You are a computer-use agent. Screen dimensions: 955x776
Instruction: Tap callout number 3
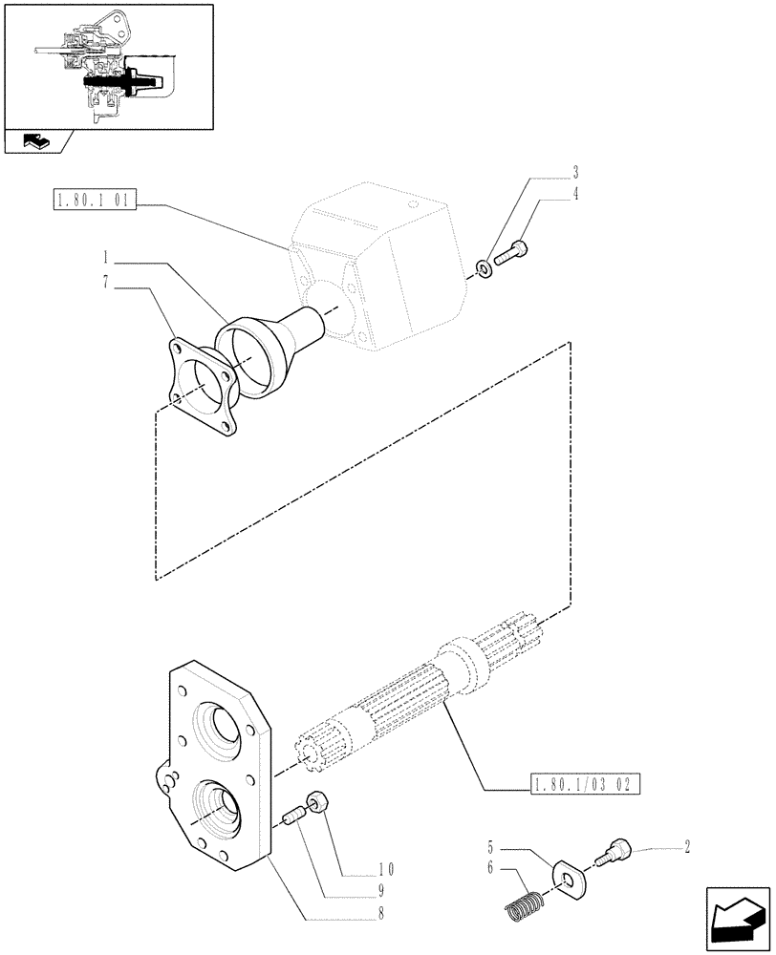[575, 174]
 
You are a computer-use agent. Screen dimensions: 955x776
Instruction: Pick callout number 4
[575, 194]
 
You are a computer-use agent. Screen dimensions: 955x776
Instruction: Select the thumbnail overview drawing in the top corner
[108, 67]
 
